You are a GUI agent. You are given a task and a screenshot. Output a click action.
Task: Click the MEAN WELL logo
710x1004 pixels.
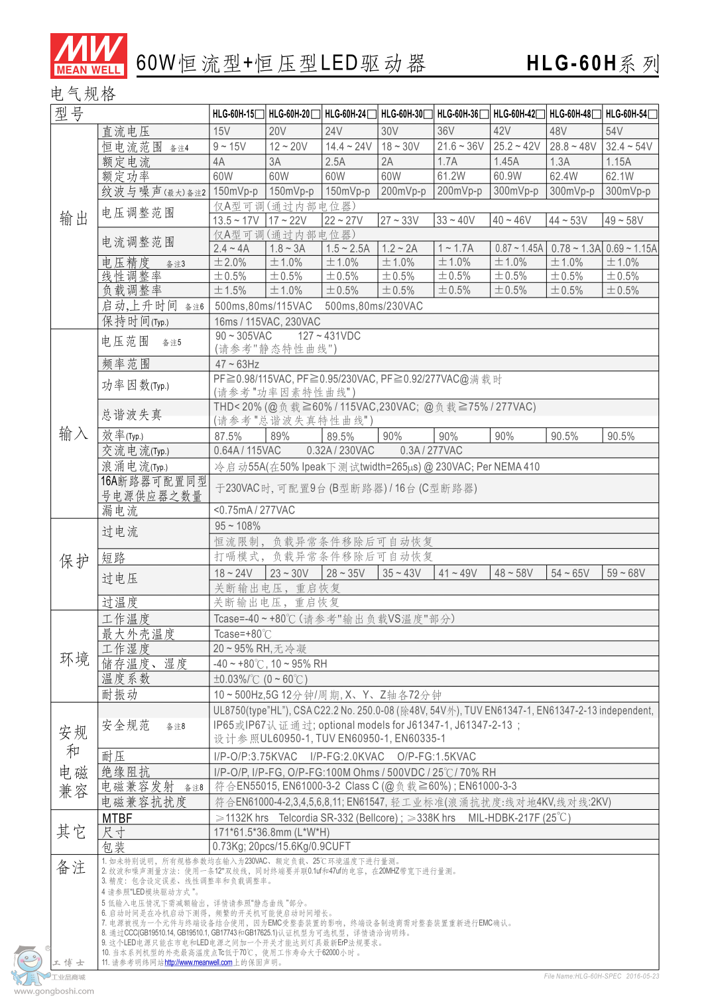(89, 55)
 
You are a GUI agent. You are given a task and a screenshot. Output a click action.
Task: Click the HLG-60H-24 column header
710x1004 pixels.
(345, 114)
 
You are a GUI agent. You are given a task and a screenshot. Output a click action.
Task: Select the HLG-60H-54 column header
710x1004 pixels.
(626, 114)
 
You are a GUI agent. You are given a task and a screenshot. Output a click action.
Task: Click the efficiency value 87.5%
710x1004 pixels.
(228, 436)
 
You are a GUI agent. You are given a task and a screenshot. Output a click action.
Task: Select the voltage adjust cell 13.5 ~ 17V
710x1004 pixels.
(236, 221)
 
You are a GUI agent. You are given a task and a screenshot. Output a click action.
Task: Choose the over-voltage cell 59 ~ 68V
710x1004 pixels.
(626, 573)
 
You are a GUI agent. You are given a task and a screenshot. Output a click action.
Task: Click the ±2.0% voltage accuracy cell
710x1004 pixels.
(230, 262)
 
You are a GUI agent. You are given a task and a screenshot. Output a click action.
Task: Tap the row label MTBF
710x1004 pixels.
(117, 818)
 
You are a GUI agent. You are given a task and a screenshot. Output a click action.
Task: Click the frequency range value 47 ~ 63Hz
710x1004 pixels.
(237, 364)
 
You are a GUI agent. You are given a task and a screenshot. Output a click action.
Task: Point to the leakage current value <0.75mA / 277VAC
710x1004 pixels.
(254, 510)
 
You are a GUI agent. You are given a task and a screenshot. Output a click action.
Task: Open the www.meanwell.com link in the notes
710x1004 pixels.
(198, 962)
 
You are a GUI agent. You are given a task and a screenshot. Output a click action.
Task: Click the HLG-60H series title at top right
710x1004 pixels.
(592, 64)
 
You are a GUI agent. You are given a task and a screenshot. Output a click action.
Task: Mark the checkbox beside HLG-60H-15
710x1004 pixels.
(260, 114)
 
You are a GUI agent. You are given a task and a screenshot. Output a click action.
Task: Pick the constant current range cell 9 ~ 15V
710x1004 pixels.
(229, 146)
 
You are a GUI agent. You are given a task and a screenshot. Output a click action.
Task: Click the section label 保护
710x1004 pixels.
(74, 561)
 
